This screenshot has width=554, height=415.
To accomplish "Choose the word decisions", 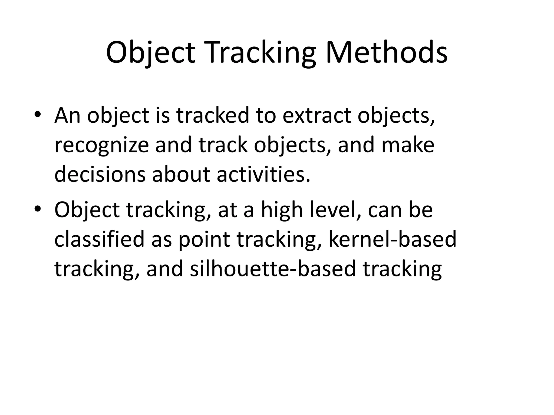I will coord(100,174).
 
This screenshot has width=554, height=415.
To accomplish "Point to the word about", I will coord(181,174).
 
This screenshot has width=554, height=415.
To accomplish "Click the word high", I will coord(282,210).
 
